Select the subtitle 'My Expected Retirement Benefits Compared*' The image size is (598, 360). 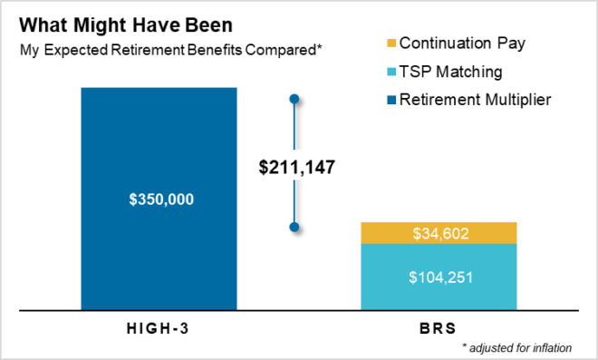(172, 49)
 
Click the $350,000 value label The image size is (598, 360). (159, 199)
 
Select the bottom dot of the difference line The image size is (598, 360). (294, 227)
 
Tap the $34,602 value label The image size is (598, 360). (439, 234)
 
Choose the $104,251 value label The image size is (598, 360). (439, 277)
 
